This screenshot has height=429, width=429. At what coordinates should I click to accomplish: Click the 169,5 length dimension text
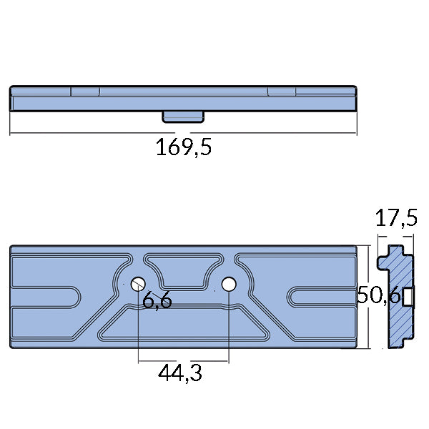click(184, 148)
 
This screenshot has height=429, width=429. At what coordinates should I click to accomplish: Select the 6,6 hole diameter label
click(157, 301)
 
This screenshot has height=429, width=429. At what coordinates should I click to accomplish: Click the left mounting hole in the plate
click(138, 284)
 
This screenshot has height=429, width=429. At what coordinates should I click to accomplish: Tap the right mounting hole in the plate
click(229, 284)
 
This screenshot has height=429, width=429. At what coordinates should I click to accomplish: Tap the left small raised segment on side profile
click(85, 91)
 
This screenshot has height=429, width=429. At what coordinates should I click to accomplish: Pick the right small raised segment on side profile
click(282, 91)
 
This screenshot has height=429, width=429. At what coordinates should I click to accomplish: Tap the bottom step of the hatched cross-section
click(407, 342)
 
